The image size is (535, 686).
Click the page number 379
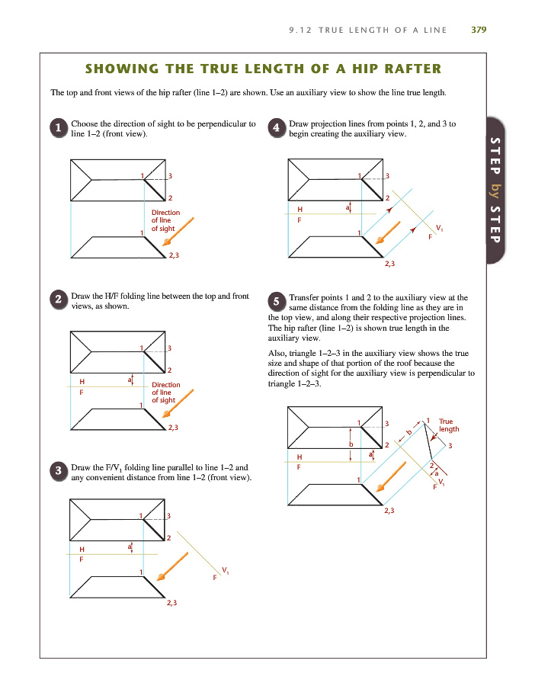(x=479, y=30)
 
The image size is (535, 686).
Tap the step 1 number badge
(x=59, y=129)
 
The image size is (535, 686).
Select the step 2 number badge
(x=59, y=300)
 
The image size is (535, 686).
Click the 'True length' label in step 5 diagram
(x=449, y=425)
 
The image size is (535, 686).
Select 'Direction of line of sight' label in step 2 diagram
(x=165, y=392)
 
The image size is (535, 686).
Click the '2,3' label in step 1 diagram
(x=173, y=255)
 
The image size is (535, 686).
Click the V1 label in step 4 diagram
(x=437, y=229)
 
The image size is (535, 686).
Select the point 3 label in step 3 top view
(x=169, y=518)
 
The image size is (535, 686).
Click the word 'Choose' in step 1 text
(x=85, y=123)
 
